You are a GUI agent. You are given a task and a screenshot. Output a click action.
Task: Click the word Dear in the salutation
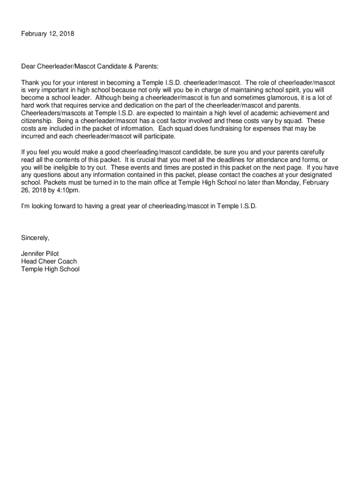pos(29,66)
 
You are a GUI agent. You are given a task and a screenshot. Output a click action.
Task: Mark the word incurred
pos(34,136)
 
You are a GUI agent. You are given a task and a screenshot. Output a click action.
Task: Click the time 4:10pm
pos(68,190)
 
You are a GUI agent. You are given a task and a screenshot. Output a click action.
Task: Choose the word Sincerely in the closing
pos(35,238)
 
